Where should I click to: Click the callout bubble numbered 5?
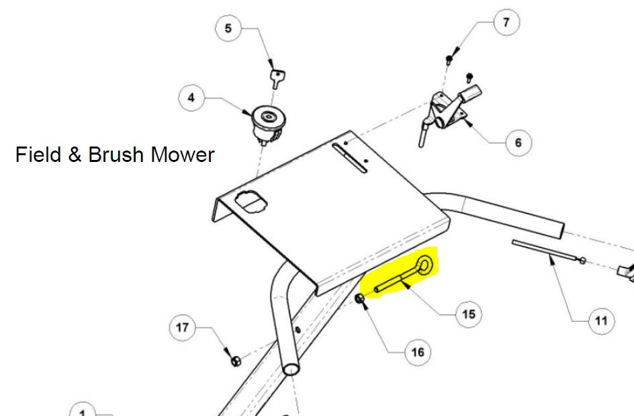click(228, 28)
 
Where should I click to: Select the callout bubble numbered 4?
click(191, 97)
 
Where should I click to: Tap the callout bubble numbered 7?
click(506, 22)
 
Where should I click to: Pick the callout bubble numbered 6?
click(518, 142)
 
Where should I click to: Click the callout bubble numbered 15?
click(469, 314)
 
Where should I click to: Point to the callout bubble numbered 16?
click(418, 352)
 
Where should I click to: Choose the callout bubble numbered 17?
click(183, 327)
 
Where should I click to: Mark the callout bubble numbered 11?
click(601, 321)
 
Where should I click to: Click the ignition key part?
click(277, 78)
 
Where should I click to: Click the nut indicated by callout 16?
click(359, 298)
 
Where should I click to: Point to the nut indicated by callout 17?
click(236, 360)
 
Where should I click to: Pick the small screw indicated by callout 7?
click(449, 60)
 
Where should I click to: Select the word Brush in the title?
click(116, 155)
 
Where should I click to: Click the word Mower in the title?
click(183, 155)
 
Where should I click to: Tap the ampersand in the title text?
click(75, 155)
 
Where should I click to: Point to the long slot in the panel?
click(349, 158)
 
